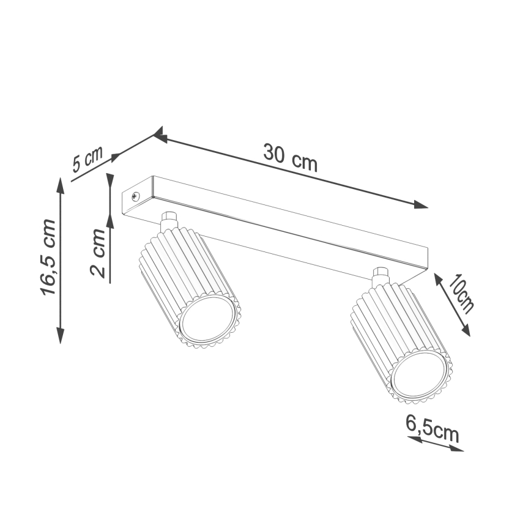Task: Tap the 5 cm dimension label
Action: point(87,160)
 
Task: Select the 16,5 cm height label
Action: point(48,258)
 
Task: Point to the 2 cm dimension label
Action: point(98,251)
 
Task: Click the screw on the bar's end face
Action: point(135,196)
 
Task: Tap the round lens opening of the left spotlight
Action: point(207,321)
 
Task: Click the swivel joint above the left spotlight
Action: point(168,220)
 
